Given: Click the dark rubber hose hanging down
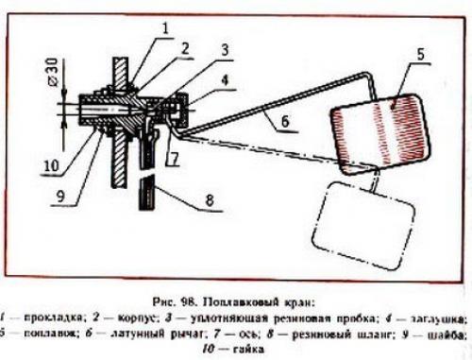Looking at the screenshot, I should (x=143, y=195).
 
